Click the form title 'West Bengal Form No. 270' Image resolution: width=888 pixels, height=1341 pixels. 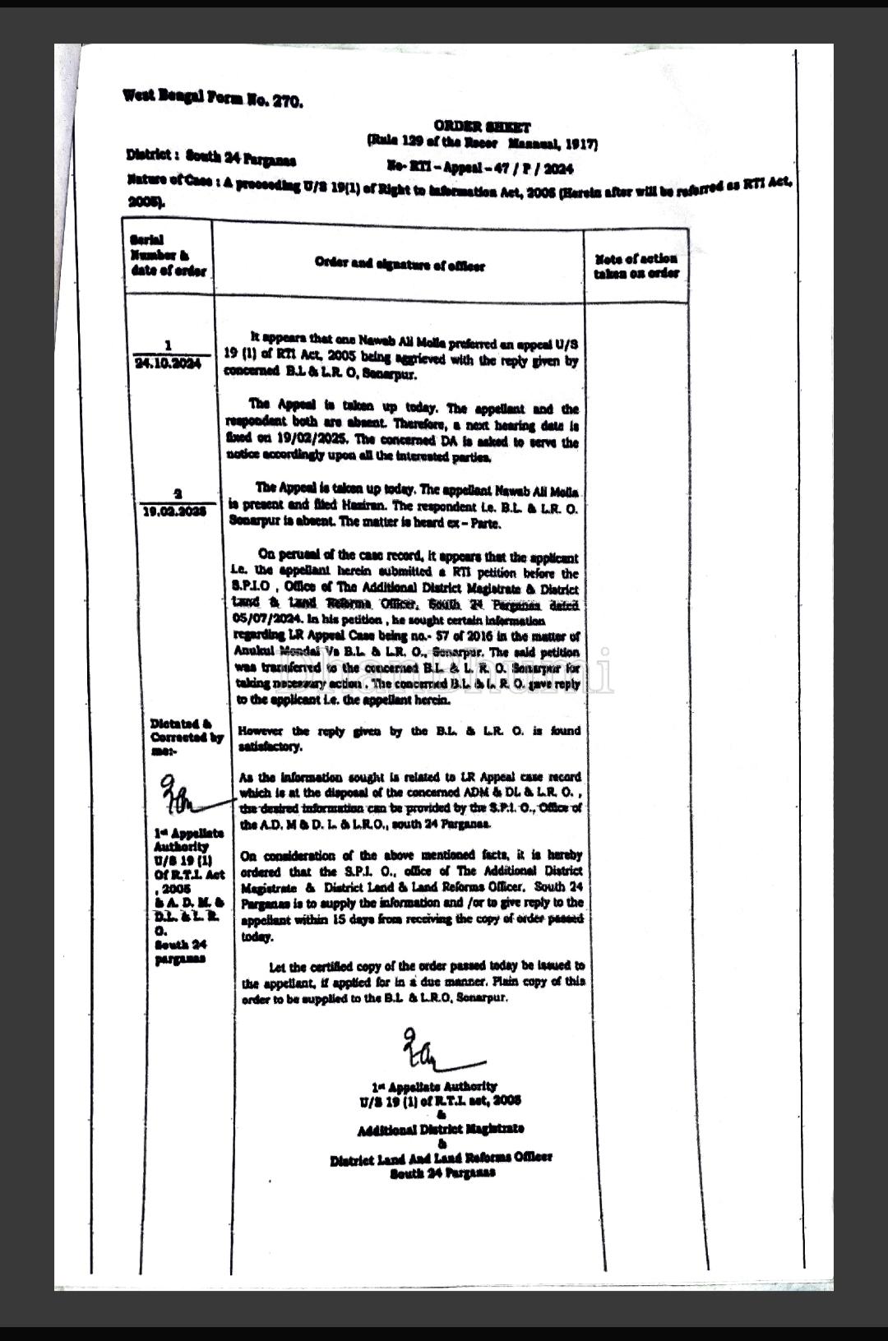213,99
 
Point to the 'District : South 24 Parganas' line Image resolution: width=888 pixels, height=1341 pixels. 211,156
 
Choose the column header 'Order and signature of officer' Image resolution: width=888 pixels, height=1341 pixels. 400,264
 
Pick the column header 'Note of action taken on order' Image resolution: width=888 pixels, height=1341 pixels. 636,266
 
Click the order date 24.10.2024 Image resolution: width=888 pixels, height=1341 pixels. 168,363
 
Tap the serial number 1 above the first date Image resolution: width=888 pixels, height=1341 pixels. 168,345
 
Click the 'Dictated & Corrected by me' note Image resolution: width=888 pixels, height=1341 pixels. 187,737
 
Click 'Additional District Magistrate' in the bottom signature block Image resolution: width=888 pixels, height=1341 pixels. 441,1128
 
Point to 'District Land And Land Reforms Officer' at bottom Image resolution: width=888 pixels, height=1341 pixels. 441,1158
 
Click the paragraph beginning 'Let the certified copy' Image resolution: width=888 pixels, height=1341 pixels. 414,981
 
